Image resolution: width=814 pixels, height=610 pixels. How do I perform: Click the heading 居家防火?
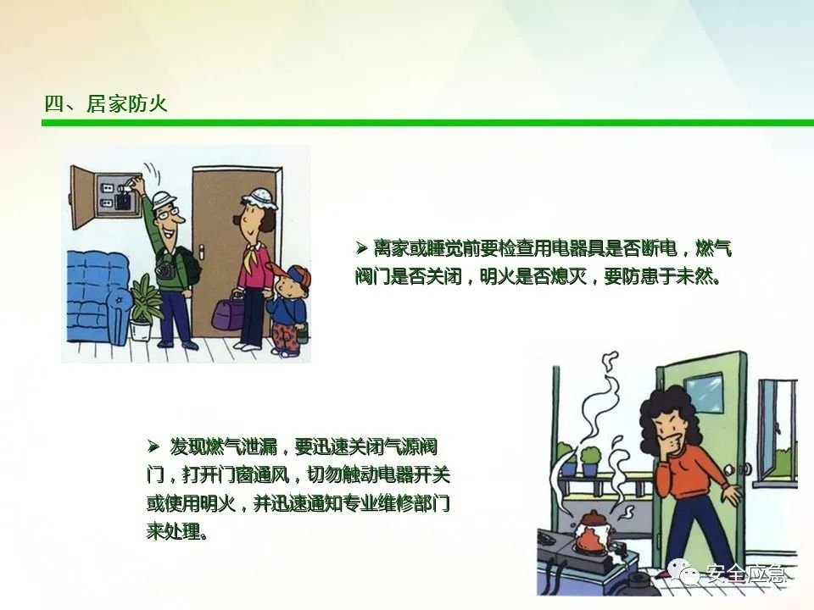(126, 103)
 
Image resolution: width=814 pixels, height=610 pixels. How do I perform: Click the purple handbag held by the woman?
(227, 314)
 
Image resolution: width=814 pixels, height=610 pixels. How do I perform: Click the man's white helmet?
(162, 200)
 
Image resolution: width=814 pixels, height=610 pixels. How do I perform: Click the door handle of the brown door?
(201, 255)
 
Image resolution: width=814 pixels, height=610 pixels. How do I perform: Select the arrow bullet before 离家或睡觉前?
(362, 248)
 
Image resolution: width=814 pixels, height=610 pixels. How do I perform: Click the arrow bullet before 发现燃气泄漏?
(153, 446)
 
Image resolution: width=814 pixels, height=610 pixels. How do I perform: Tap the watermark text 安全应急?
(745, 574)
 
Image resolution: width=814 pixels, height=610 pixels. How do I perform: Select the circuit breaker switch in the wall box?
(124, 200)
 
